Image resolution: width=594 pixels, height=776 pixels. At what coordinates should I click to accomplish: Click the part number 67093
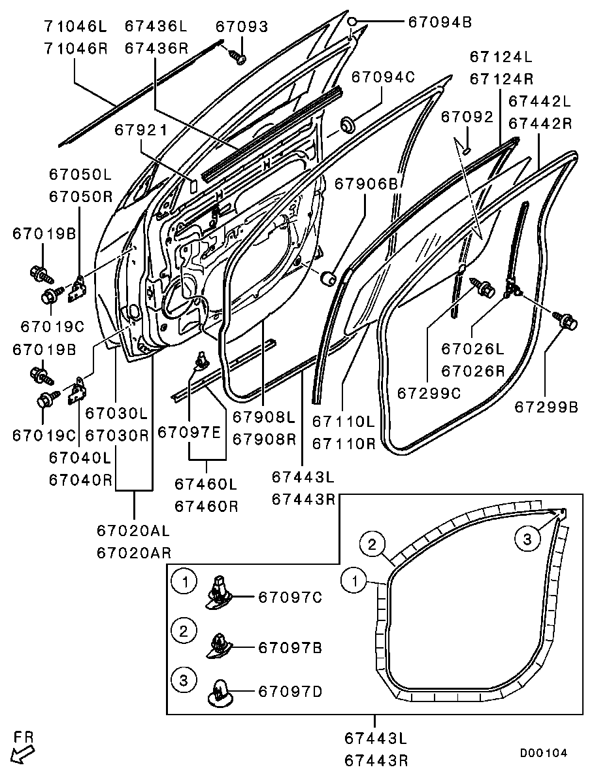[x=242, y=26]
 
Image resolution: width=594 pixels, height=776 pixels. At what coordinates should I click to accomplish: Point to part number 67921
[x=141, y=130]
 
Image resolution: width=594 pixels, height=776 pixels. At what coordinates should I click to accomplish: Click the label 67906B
[x=366, y=185]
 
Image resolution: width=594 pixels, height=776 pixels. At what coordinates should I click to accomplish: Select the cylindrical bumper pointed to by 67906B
[x=328, y=279]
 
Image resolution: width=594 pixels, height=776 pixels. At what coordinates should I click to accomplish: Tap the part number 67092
[x=467, y=117]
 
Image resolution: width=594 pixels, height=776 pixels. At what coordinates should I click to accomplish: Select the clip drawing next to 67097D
[x=220, y=692]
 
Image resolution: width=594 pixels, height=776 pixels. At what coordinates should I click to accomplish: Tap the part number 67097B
[x=290, y=648]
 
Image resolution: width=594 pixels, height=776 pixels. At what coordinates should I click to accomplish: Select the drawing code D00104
[x=543, y=753]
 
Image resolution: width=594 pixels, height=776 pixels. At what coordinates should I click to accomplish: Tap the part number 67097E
[x=188, y=432]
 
